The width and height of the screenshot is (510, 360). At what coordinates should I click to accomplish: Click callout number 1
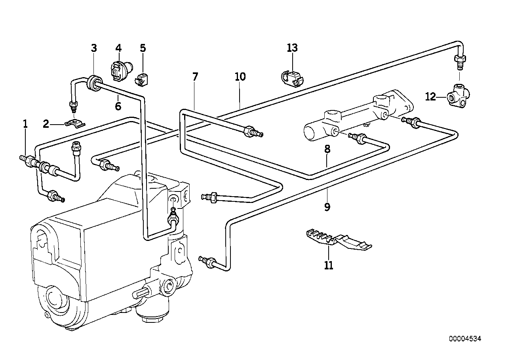(25, 124)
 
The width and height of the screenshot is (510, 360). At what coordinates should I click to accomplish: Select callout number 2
(46, 124)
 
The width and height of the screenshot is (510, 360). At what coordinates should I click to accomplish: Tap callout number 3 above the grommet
(94, 48)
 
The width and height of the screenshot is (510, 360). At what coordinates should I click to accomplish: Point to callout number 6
(118, 106)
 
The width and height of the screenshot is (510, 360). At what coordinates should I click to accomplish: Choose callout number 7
(195, 77)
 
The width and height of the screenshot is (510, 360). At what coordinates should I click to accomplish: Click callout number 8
(327, 150)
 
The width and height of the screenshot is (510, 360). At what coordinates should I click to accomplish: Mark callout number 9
(327, 207)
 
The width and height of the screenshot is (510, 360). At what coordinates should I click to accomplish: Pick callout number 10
(240, 77)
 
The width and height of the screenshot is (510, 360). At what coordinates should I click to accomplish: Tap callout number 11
(329, 265)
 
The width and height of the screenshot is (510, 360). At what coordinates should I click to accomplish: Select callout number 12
(430, 97)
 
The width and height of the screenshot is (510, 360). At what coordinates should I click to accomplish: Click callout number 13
(292, 48)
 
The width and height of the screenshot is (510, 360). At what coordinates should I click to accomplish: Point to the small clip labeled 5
(141, 80)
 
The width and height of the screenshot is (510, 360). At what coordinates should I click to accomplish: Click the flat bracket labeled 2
(75, 124)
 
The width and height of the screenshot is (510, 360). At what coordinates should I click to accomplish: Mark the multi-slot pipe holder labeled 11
(338, 240)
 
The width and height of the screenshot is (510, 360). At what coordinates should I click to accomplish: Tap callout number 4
(118, 48)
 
